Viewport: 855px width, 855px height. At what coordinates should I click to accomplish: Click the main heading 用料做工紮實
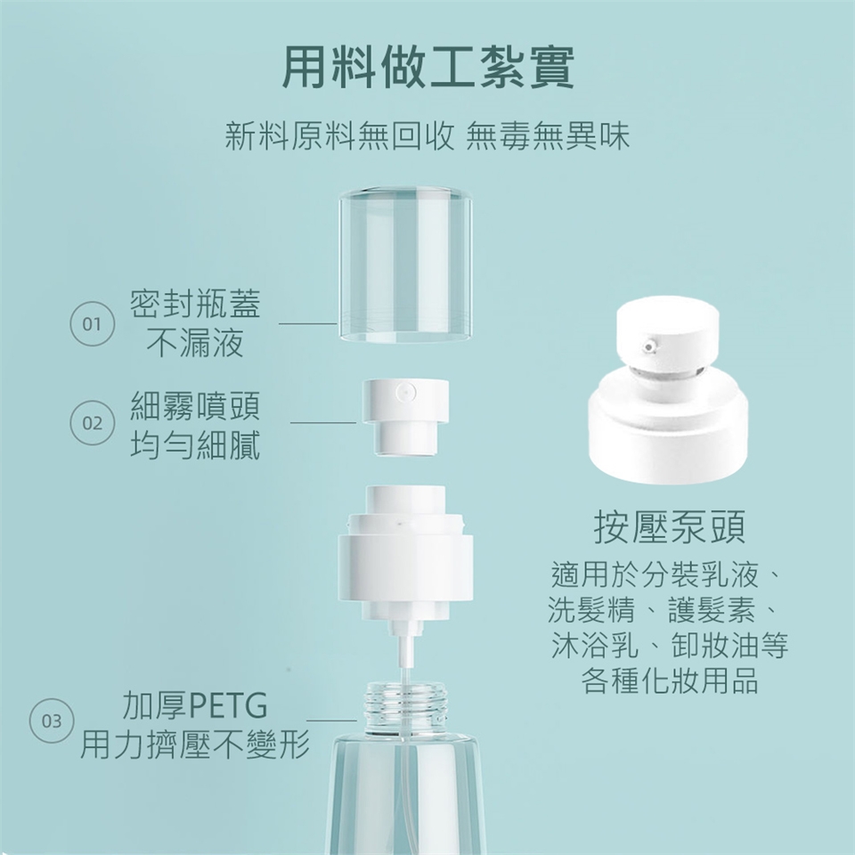click(x=428, y=68)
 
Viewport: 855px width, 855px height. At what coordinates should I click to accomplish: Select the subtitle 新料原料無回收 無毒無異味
click(x=427, y=135)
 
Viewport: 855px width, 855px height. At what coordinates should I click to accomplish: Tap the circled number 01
click(x=92, y=324)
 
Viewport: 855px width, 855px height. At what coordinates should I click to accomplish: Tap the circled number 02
click(x=92, y=422)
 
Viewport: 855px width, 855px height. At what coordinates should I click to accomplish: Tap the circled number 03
click(x=52, y=721)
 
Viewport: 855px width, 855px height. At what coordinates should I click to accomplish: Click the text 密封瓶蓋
click(x=195, y=303)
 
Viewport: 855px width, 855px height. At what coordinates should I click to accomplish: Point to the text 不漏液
click(x=195, y=343)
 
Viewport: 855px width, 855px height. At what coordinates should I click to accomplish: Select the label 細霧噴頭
click(x=195, y=405)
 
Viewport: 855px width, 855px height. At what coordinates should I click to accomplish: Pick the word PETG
click(x=228, y=705)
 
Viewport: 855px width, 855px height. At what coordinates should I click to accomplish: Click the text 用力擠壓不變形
click(x=195, y=745)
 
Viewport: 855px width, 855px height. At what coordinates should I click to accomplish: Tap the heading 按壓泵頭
click(x=670, y=527)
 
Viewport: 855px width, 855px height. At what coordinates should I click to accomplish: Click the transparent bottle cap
click(x=405, y=265)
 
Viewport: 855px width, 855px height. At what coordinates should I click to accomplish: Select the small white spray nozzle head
click(x=405, y=417)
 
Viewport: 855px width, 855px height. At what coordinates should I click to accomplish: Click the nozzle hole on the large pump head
click(x=648, y=346)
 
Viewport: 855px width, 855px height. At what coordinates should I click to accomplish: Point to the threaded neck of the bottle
click(x=405, y=706)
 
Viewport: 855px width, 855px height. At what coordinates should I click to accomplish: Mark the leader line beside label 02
click(x=323, y=422)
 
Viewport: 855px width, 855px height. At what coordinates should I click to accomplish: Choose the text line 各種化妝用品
click(x=670, y=680)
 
